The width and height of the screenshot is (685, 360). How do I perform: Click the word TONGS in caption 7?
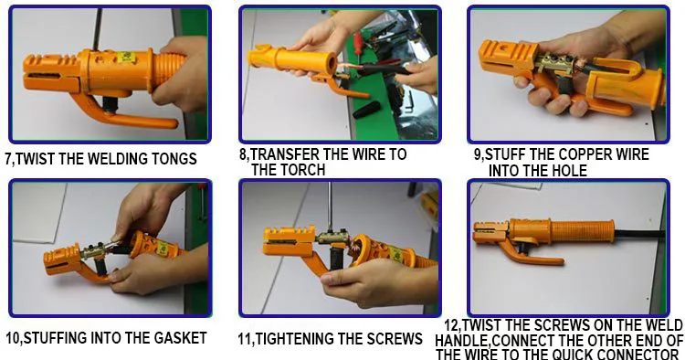174,159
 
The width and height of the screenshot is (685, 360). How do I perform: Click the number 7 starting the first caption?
8,159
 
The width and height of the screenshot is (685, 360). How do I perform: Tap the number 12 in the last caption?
451,325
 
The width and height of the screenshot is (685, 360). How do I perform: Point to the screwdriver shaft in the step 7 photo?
98,29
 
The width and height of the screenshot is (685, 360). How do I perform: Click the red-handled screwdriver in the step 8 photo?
358,43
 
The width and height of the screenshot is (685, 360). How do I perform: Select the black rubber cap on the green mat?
366,110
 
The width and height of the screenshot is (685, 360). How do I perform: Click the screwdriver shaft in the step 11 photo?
330,206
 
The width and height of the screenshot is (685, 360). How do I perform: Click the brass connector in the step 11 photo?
332,238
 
